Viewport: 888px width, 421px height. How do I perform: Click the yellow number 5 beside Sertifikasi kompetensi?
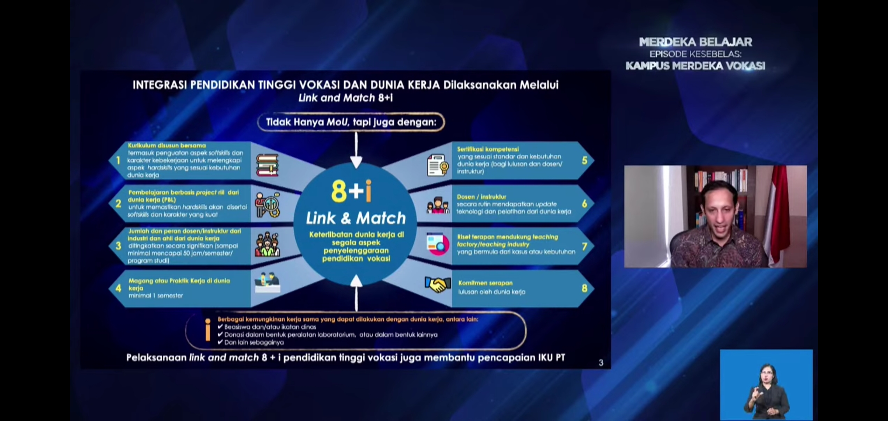pos(584,160)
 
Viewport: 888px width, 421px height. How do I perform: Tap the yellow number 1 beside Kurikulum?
pos(118,160)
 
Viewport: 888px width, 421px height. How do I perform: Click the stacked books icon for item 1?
pos(267,165)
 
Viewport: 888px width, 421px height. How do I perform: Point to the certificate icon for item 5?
pos(437,165)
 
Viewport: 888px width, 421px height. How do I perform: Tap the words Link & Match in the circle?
pos(356,218)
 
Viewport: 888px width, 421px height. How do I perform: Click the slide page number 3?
pos(601,363)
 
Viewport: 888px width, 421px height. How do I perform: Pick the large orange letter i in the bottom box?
pos(208,330)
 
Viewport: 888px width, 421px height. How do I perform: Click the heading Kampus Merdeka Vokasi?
pos(695,66)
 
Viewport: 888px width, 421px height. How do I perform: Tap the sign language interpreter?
pos(766,390)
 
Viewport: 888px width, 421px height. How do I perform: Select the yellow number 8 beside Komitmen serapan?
pos(584,288)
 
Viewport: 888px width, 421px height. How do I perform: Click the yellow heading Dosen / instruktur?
pos(481,197)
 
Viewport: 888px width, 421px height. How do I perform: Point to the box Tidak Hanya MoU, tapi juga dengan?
pos(351,122)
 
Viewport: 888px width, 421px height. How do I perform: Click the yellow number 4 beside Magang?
pos(118,288)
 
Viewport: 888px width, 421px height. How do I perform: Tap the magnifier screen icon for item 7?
pos(437,244)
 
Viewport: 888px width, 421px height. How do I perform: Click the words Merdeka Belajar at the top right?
pos(695,42)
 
